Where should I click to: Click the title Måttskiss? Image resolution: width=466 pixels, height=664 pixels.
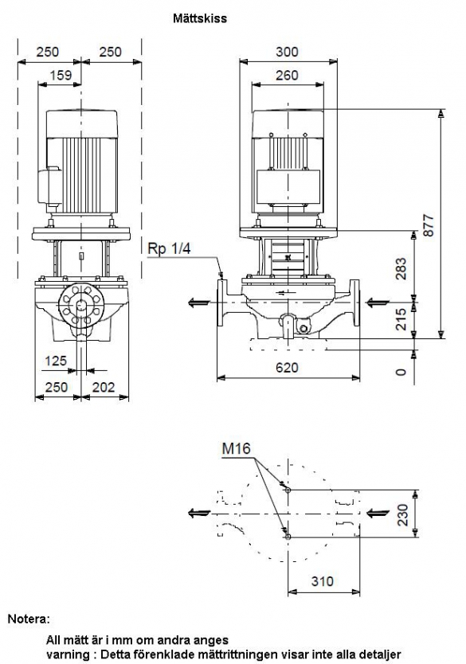(x=199, y=18)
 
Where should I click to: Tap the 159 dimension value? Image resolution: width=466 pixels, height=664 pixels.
(x=61, y=76)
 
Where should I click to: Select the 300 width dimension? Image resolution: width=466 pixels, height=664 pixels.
(x=288, y=52)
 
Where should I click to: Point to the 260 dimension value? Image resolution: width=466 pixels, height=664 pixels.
(x=288, y=76)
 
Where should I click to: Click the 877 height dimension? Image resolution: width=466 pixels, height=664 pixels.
(x=429, y=225)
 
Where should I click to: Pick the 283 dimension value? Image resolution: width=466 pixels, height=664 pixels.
(x=401, y=268)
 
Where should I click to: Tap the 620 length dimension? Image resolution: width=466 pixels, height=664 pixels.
(x=288, y=367)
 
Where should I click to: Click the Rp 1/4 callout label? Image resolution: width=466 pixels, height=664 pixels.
(x=169, y=249)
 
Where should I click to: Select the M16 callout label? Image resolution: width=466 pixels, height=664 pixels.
(x=237, y=448)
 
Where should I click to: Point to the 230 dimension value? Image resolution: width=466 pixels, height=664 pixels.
(x=403, y=514)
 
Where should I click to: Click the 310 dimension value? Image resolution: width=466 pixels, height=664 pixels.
(x=323, y=581)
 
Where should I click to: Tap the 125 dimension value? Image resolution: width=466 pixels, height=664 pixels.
(x=56, y=361)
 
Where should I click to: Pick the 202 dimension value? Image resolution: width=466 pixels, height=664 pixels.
(x=104, y=387)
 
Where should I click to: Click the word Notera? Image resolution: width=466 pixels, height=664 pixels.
(x=28, y=619)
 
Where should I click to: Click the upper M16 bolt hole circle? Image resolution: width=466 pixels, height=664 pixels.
(x=288, y=490)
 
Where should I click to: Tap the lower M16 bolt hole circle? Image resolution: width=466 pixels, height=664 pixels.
(x=288, y=537)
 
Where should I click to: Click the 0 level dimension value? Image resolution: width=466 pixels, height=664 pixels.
(x=401, y=373)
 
